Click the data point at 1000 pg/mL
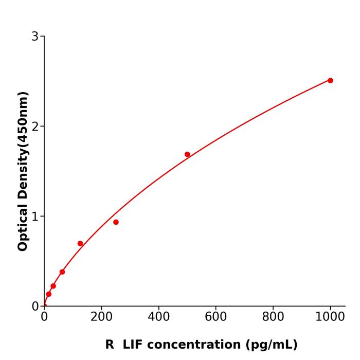(x=330, y=80)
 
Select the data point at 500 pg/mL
(x=187, y=154)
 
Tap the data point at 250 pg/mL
(x=116, y=222)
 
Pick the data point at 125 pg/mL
(x=80, y=243)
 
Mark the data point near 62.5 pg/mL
(x=62, y=272)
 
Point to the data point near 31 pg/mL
(x=53, y=286)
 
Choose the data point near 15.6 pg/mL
(x=49, y=294)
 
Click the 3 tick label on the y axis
(x=35, y=36)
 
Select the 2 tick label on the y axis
(x=35, y=126)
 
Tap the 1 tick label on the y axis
(x=35, y=216)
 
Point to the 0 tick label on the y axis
(x=35, y=306)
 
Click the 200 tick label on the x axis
(x=101, y=317)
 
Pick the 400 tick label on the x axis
(x=158, y=317)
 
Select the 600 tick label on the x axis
(x=215, y=317)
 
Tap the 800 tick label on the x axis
(x=273, y=317)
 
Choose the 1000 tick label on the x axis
(x=330, y=317)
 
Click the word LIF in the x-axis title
(x=133, y=345)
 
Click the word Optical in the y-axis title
(x=23, y=226)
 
